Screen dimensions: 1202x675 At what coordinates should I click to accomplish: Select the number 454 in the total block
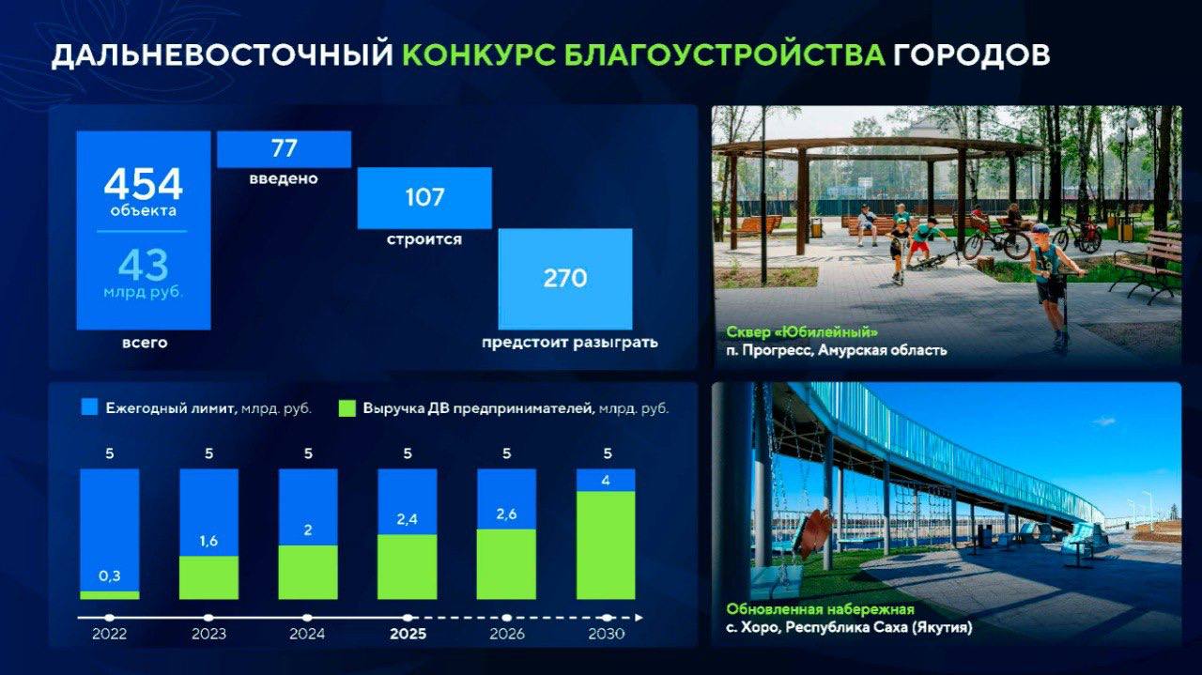[144, 184]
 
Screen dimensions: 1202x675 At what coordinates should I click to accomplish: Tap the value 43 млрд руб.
[144, 273]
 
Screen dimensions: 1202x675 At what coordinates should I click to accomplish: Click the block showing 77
[284, 149]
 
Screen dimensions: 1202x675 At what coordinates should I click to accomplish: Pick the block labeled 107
[424, 198]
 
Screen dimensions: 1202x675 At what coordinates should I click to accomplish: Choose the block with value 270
[565, 279]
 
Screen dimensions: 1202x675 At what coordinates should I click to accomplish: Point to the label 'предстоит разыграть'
[570, 343]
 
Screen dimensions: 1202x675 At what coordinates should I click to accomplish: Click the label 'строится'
[424, 238]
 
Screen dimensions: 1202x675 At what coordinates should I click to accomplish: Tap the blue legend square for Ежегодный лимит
[89, 407]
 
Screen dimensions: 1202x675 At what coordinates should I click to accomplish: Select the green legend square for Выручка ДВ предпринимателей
[347, 408]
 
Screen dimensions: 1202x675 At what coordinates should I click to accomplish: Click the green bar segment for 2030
[606, 545]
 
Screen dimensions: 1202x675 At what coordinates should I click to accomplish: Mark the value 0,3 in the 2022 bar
[110, 576]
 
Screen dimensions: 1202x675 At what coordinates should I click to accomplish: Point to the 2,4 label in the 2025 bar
[408, 519]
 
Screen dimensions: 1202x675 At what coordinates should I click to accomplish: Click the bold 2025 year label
[408, 635]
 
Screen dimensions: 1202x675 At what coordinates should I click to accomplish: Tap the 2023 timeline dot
[208, 618]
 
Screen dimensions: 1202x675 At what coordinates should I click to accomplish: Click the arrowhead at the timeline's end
[640, 618]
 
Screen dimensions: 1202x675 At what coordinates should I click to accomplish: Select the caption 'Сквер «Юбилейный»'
[802, 332]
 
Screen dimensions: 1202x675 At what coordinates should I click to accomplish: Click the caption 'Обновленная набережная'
[821, 609]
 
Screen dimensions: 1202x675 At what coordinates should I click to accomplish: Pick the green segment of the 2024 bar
[308, 573]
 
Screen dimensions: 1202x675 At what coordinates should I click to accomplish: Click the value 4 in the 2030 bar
[606, 481]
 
